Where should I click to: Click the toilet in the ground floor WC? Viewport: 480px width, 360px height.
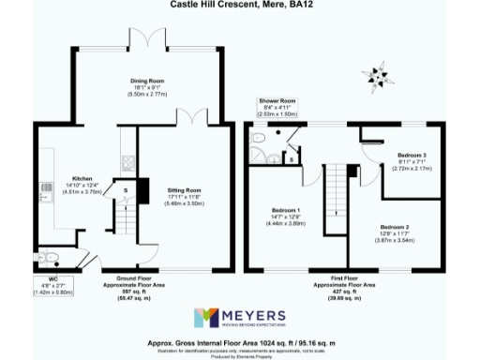tap(51, 258)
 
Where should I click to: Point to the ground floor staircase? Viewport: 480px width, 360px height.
tap(121, 220)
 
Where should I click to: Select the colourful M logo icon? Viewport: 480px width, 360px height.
tap(205, 318)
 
